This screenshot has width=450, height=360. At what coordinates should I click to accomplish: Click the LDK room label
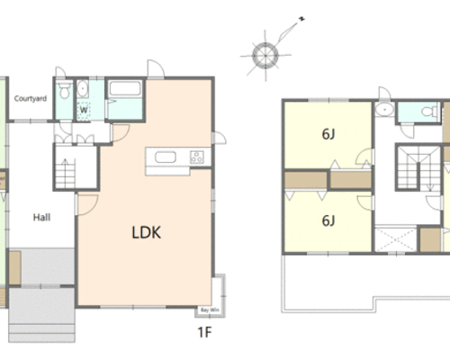click(147, 232)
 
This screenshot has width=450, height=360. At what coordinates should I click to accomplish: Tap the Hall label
click(41, 217)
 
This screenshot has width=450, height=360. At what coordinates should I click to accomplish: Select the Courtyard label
click(31, 98)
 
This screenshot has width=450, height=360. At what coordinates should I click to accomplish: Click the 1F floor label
click(204, 332)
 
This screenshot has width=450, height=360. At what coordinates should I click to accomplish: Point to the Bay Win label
click(210, 310)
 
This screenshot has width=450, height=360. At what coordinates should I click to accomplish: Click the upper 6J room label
click(328, 134)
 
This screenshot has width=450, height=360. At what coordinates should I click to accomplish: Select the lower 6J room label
click(328, 220)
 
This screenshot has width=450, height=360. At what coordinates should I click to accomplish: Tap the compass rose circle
click(265, 56)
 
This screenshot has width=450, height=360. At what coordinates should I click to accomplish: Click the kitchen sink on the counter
click(166, 157)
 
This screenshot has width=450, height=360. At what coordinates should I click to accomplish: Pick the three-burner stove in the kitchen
click(196, 157)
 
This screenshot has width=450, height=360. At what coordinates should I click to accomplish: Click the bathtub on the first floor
click(125, 88)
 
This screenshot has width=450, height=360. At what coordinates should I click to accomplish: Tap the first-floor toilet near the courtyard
click(64, 91)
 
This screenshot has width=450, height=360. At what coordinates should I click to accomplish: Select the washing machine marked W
click(83, 111)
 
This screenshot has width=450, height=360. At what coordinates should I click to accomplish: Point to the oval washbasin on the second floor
click(384, 110)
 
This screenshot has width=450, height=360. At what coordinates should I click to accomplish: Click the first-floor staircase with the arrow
click(65, 174)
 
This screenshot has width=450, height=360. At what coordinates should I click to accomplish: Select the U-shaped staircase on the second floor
click(418, 168)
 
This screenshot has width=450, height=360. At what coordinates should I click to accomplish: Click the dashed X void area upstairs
click(395, 239)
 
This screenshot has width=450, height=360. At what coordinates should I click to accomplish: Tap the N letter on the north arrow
click(301, 19)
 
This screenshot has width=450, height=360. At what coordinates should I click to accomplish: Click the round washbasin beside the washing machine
click(82, 88)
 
